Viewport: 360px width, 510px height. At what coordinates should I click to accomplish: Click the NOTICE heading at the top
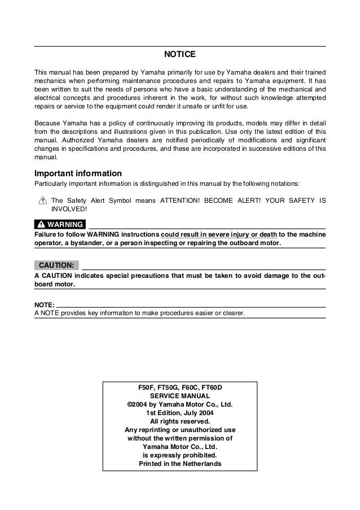(x=179, y=55)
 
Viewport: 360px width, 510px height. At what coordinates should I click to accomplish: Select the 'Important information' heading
(x=78, y=173)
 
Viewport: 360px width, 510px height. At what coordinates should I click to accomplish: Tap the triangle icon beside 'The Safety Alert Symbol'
(x=42, y=200)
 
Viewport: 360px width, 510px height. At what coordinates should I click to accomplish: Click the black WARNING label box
(x=60, y=225)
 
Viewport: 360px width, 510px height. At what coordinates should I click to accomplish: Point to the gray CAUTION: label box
(x=56, y=265)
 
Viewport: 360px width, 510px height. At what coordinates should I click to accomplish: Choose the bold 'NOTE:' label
(x=45, y=305)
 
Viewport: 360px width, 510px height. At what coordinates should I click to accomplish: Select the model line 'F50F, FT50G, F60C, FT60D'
(x=180, y=388)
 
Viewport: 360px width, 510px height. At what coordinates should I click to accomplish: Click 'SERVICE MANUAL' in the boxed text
(x=180, y=396)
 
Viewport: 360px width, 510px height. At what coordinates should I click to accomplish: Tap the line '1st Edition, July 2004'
(x=180, y=412)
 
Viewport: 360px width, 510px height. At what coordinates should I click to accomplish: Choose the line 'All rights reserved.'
(x=180, y=421)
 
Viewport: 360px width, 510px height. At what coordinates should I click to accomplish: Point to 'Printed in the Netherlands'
(x=180, y=464)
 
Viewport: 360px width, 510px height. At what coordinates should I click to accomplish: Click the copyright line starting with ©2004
(x=180, y=404)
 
